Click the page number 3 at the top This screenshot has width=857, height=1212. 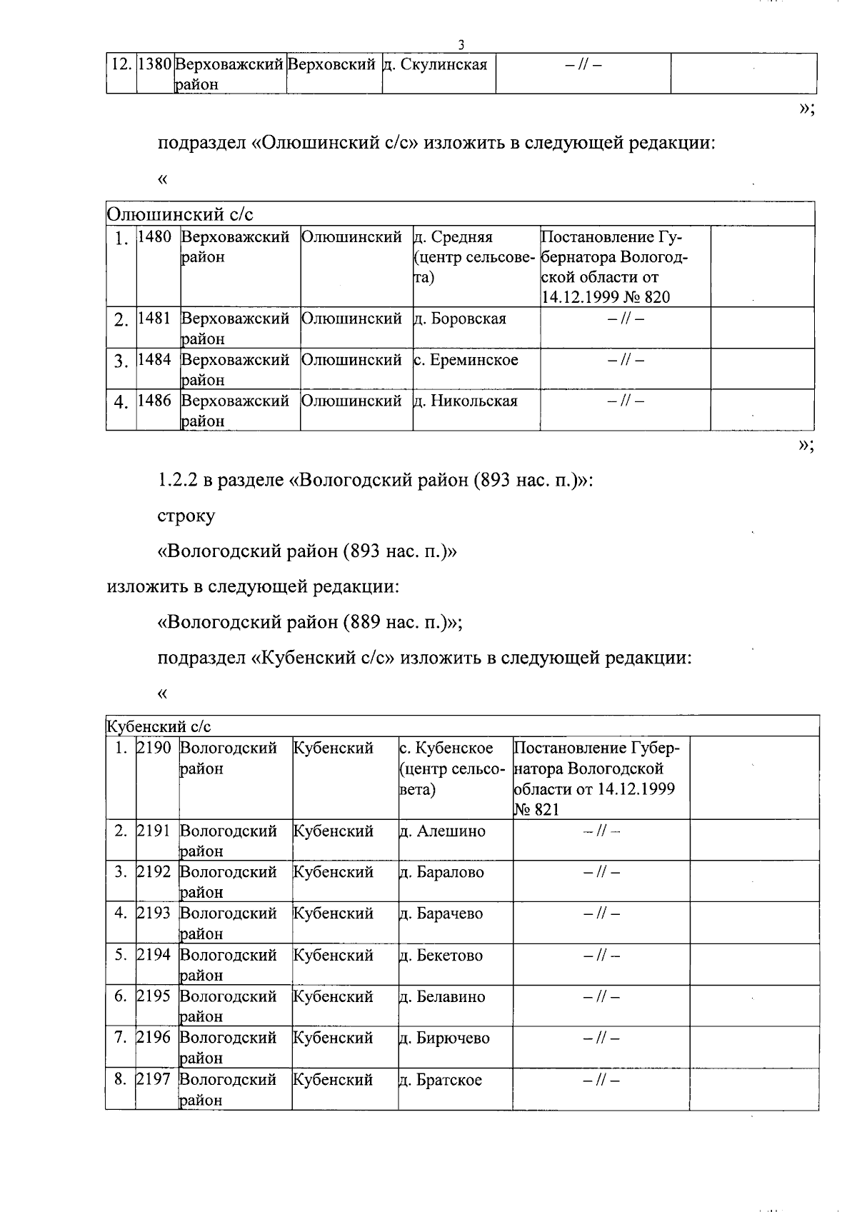coord(461,44)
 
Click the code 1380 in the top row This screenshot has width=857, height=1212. coord(154,65)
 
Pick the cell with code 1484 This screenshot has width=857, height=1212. coord(154,360)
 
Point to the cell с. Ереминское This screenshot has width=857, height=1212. coord(466,360)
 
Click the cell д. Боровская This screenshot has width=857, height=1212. coord(460,319)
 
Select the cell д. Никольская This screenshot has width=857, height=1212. coord(466,401)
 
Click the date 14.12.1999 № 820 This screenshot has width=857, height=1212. coord(606,297)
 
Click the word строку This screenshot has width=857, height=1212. coord(186,516)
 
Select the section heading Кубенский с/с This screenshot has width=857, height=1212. coord(159,727)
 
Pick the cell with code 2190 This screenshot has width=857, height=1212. coord(154,748)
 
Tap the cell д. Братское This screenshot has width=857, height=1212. coord(440,1080)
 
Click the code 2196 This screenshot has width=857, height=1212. coord(154,1038)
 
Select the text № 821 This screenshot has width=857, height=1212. coord(536,810)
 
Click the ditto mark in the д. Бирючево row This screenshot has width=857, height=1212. coord(601,1038)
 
